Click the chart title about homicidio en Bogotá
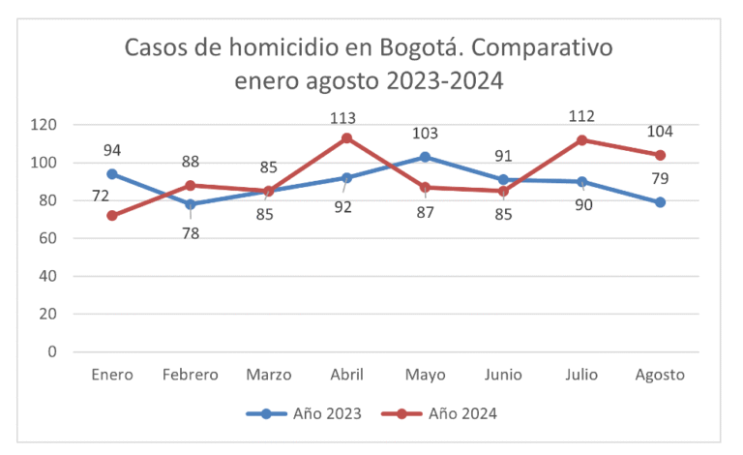pyautogui.click(x=369, y=63)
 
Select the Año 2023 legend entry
pyautogui.click(x=305, y=413)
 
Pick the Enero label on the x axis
pyautogui.click(x=112, y=375)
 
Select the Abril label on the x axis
pyautogui.click(x=346, y=375)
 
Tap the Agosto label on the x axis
pyautogui.click(x=660, y=375)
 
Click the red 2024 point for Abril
pyautogui.click(x=346, y=137)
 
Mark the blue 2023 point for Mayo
pyautogui.click(x=425, y=157)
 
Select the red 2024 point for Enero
pyautogui.click(x=112, y=215)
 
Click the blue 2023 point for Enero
pyautogui.click(x=112, y=174)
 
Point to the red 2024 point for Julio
pyautogui.click(x=581, y=140)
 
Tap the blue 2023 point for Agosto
pyautogui.click(x=660, y=202)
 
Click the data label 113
pyautogui.click(x=343, y=118)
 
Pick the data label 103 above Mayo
pyautogui.click(x=425, y=134)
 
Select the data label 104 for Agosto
pyautogui.click(x=660, y=131)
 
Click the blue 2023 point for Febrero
pyautogui.click(x=191, y=204)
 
